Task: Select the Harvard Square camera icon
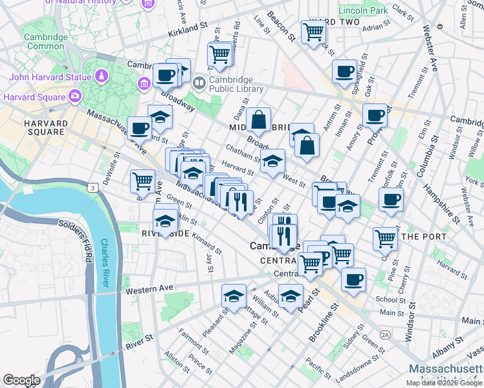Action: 76,97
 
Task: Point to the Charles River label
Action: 105,263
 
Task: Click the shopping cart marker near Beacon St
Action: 313,30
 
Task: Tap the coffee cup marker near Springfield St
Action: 344,70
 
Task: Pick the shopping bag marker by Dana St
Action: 258,119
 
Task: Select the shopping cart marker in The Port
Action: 386,238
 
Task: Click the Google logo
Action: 21,380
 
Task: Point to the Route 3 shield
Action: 94,188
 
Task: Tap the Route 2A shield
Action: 386,334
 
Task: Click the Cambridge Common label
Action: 45,41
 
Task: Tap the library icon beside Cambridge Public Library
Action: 199,82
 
